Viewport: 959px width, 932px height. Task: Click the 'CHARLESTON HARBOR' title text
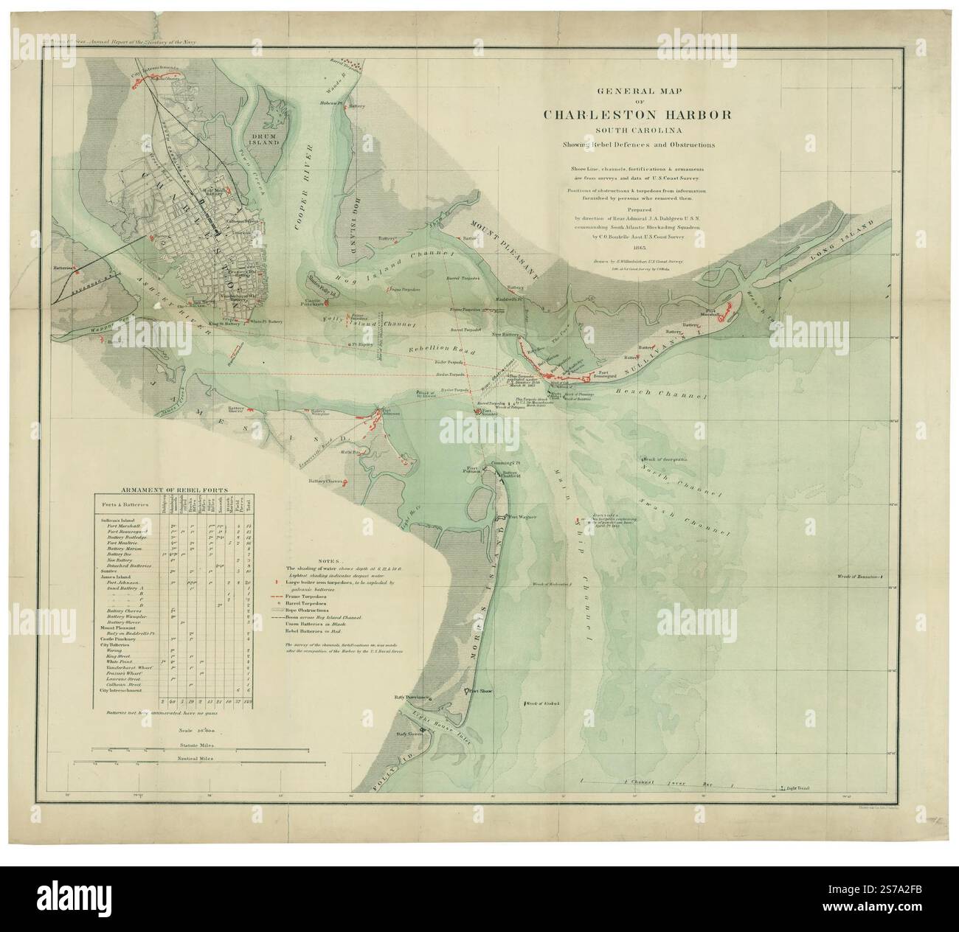point(638,115)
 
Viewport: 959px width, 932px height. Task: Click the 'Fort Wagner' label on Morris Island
point(522,517)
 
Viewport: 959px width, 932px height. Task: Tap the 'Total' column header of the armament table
point(249,507)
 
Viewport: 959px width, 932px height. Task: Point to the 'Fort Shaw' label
point(479,692)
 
